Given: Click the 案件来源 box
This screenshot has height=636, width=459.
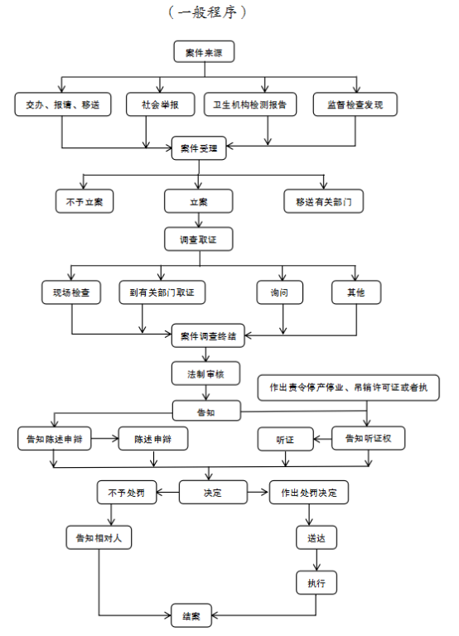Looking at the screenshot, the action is [204, 51].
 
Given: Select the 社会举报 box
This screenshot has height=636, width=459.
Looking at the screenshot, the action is [160, 104].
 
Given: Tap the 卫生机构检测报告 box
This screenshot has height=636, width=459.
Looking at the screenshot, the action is [250, 104].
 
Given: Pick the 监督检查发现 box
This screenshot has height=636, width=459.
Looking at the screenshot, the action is [355, 104].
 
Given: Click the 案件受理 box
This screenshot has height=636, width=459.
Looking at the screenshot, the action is [199, 148].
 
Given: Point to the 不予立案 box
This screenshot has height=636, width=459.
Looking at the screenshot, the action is [85, 201].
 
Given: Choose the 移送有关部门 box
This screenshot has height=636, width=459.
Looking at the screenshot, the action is [323, 201].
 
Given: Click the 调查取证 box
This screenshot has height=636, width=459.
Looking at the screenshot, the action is [199, 239].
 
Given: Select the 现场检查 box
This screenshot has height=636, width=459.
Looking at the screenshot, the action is [71, 292].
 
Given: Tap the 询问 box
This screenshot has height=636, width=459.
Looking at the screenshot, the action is [279, 292].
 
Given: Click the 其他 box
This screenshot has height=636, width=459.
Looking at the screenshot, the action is [356, 292].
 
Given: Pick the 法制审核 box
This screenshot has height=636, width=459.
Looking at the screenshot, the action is [205, 373].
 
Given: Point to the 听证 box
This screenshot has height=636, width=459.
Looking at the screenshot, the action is [285, 439].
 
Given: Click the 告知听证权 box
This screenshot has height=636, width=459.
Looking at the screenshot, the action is [368, 438].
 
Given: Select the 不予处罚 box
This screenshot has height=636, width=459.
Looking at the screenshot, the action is [127, 493].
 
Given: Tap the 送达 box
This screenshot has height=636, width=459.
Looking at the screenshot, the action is [316, 537].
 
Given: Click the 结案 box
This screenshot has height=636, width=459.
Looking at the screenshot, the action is [191, 616].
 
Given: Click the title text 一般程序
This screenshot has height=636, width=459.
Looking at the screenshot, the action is [207, 12].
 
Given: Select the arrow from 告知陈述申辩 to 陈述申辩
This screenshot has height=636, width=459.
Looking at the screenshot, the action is [104, 438].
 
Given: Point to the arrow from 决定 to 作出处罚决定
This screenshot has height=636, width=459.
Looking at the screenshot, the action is [258, 493].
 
